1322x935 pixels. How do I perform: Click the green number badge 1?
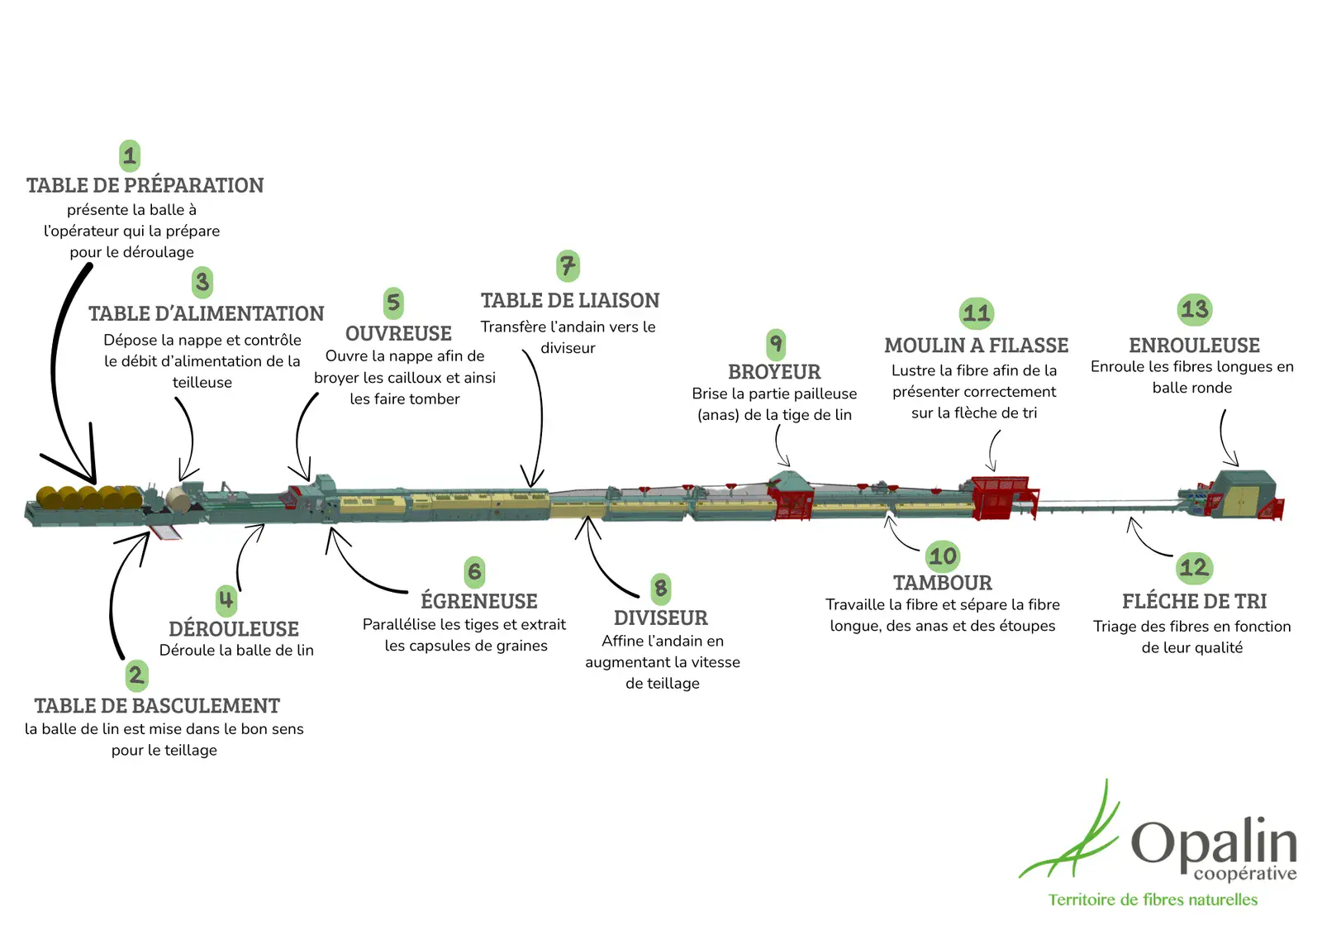[x=130, y=155]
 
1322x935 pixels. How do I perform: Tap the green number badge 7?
[x=568, y=266]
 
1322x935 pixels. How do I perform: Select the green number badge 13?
[x=1194, y=310]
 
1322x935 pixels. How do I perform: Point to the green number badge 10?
[x=942, y=556]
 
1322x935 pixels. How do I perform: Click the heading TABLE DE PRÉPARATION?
[x=145, y=185]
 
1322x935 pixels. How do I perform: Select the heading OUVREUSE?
[x=398, y=333]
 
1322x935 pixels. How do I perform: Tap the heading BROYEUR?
[x=774, y=372]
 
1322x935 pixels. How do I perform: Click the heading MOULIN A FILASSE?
[x=976, y=346]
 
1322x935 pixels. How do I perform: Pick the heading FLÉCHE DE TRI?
[x=1194, y=601]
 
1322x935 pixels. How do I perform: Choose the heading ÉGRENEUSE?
[x=478, y=601]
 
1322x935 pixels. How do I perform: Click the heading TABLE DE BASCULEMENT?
[x=157, y=706]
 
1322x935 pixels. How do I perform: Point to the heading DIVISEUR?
[x=660, y=618]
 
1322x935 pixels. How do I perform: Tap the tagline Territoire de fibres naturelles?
[x=1153, y=899]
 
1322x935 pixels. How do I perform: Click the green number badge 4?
[x=226, y=599]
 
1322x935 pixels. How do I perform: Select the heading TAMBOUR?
[x=942, y=583]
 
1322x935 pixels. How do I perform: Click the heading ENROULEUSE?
[x=1194, y=346]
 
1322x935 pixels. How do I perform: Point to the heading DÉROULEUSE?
[x=234, y=629]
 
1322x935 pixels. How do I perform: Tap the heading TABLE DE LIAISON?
[x=570, y=301]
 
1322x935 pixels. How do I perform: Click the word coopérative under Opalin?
[x=1244, y=874]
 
